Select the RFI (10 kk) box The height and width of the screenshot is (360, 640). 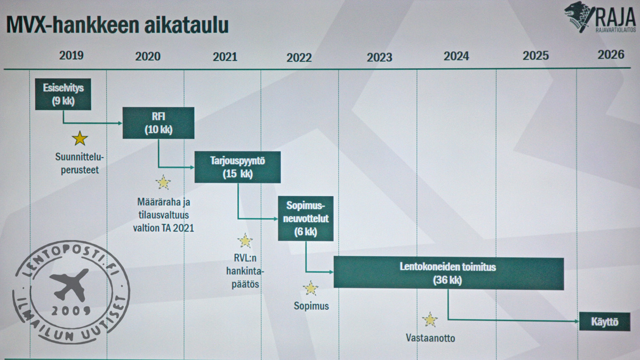158,123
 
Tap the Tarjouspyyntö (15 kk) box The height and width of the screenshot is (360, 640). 237,167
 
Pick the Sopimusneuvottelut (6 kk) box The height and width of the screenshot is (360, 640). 306,218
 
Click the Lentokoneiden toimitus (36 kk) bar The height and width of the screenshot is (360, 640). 448,273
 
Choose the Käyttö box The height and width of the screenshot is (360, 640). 604,322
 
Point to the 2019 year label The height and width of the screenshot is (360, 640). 71,55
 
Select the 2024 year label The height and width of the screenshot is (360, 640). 456,56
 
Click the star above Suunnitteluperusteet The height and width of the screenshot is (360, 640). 80,139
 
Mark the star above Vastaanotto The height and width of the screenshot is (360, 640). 430,320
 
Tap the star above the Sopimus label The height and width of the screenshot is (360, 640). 311,289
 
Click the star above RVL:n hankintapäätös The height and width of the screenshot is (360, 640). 245,241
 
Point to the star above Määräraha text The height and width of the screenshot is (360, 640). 163,183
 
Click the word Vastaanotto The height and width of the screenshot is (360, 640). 430,338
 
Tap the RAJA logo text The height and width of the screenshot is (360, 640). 614,16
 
